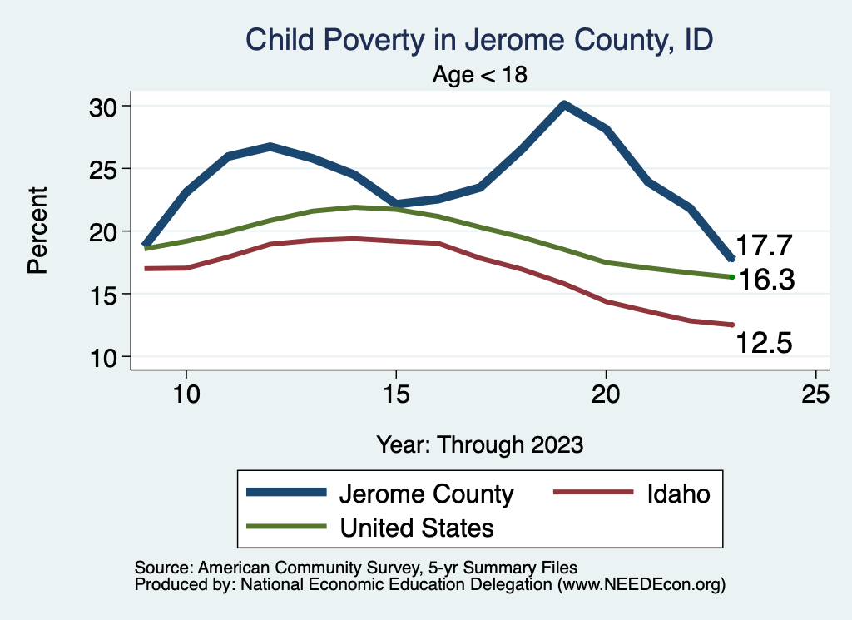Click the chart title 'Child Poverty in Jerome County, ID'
click(x=480, y=40)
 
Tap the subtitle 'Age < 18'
click(x=480, y=75)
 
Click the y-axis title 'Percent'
click(x=36, y=231)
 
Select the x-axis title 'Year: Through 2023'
click(x=480, y=444)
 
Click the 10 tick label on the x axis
click(x=186, y=394)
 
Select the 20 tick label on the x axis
click(x=606, y=394)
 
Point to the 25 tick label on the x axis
click(x=815, y=394)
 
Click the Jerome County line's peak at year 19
click(x=563, y=105)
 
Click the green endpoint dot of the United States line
click(x=731, y=277)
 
